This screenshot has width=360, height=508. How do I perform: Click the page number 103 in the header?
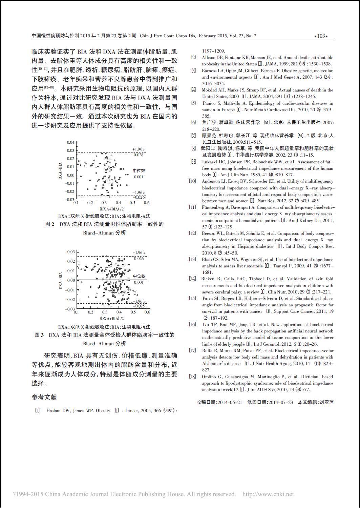coord(321,36)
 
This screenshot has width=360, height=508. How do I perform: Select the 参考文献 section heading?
coord(44,397)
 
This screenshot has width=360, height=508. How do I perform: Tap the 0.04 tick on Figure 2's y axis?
coord(70,142)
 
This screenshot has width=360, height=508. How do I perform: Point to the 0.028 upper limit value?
coord(138,155)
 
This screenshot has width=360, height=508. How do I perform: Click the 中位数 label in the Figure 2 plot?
coord(139,171)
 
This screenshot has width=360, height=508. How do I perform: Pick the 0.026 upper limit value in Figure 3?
coord(139,259)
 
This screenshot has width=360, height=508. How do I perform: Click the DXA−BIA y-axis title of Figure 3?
coord(61,281)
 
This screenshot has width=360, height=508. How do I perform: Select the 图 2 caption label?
coord(50,224)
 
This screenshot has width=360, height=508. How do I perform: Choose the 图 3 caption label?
coord(39,335)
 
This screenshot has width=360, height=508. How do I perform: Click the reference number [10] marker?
coord(192,181)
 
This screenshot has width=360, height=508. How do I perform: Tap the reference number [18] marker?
coord(192,377)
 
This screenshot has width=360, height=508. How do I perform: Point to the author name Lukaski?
coord(210,162)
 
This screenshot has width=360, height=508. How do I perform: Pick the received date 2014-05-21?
coord(230,402)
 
